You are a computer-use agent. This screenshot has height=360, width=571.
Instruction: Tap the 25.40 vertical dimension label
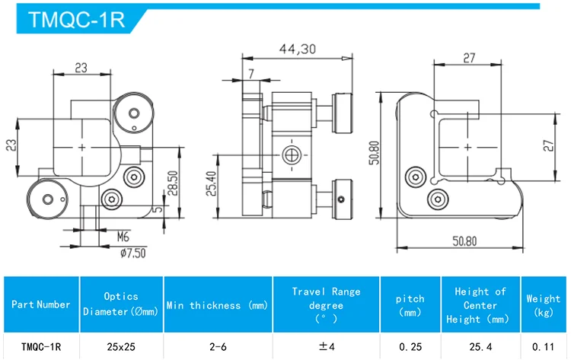[x=212, y=183]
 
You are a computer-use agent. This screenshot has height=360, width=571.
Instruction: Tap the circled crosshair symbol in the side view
[x=289, y=155]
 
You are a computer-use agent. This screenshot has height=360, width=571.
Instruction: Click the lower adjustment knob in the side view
[x=344, y=195]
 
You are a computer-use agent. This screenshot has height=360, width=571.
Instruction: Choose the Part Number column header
[x=41, y=304]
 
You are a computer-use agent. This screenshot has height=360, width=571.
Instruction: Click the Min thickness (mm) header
[x=218, y=305]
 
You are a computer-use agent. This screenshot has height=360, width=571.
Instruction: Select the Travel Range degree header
[x=327, y=304]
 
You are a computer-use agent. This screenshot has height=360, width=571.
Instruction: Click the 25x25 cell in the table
[x=121, y=346]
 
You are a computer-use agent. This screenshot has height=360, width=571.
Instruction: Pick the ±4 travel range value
[x=327, y=346]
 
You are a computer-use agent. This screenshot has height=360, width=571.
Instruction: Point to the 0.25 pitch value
[x=410, y=346]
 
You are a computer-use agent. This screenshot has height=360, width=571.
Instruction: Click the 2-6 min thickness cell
[x=218, y=346]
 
